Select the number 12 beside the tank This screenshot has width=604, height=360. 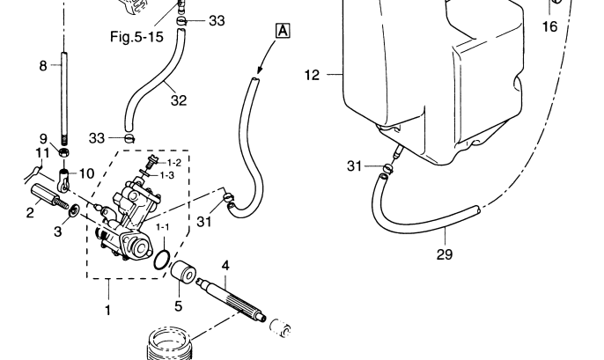click(x=313, y=76)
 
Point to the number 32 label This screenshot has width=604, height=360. click(x=179, y=99)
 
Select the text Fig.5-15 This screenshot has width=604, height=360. click(x=130, y=39)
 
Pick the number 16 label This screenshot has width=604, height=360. click(x=549, y=27)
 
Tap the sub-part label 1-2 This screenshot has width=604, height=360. click(x=174, y=162)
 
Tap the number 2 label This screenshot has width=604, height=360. click(x=30, y=213)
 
